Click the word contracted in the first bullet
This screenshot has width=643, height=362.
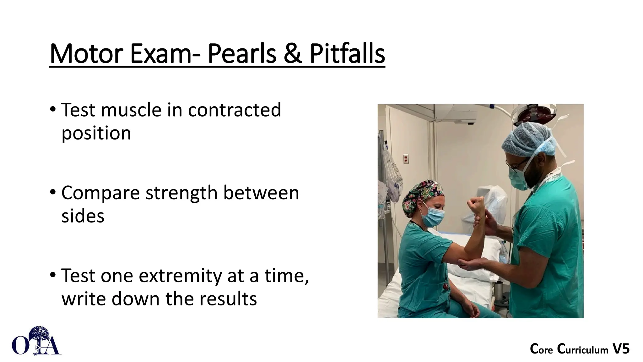pyautogui.click(x=234, y=110)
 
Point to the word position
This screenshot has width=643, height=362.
pyautogui.click(x=96, y=133)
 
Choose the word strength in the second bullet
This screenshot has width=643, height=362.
pyautogui.click(x=181, y=193)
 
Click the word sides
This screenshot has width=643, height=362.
pyautogui.click(x=83, y=216)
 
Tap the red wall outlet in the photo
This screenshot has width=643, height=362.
pyautogui.click(x=406, y=159)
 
